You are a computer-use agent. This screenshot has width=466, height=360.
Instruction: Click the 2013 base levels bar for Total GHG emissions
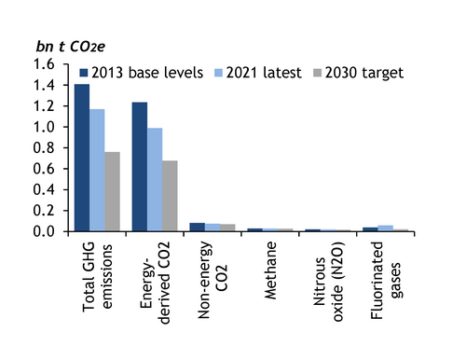coord(82,158)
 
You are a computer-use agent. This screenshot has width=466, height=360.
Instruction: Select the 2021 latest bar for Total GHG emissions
coord(97,170)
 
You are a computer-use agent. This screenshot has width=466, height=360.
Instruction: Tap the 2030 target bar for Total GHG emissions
coord(112,191)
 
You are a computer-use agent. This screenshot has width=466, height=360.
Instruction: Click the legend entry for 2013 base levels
coord(141,73)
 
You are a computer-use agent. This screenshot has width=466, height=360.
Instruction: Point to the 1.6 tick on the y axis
coord(55,64)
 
